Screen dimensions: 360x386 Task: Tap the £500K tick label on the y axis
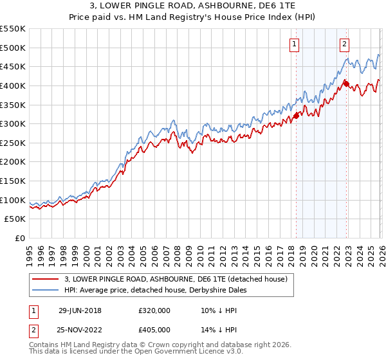tap(13, 48)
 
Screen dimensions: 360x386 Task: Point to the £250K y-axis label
tap(13, 143)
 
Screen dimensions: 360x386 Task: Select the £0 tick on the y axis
tap(21, 238)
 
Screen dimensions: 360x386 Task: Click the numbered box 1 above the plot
tap(295, 44)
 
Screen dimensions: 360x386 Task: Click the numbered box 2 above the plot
tap(345, 44)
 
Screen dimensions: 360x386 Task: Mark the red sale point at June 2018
tap(297, 116)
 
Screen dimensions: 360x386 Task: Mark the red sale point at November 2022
tap(346, 83)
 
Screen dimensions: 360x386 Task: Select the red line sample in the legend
tap(46, 279)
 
